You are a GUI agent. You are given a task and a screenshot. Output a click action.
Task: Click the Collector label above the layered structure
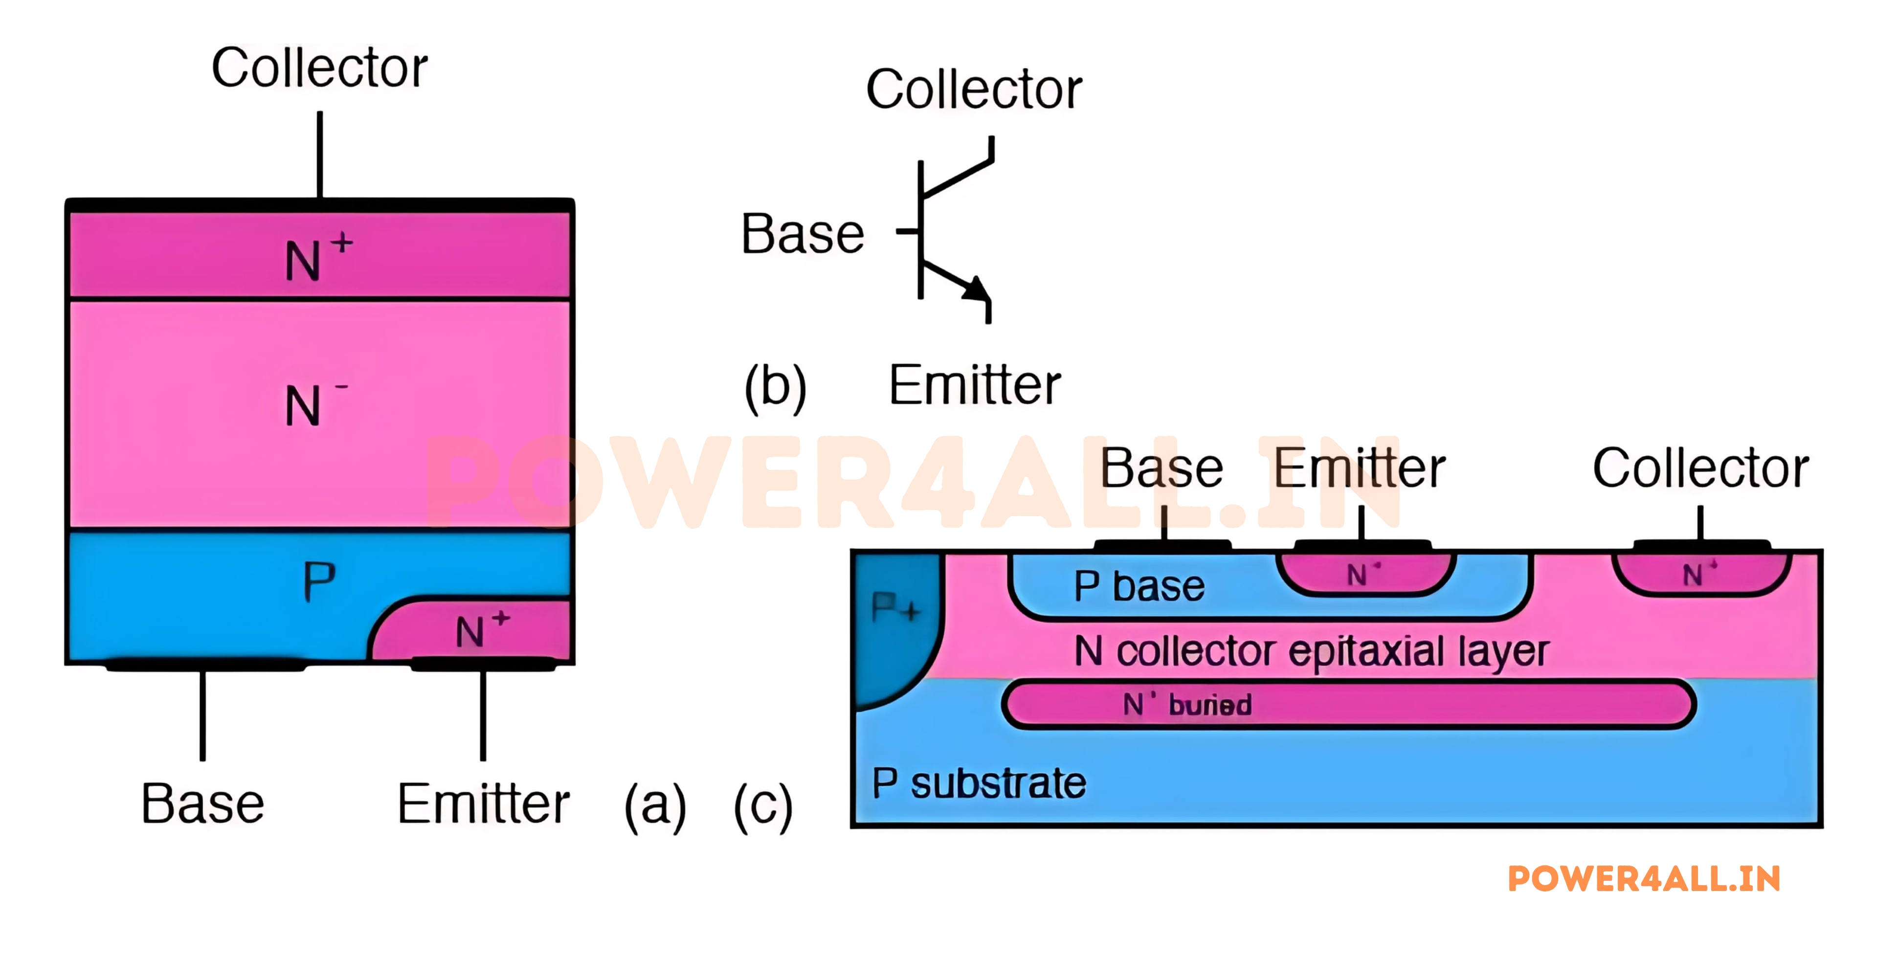(319, 68)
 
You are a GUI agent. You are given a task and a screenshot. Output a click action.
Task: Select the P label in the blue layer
(319, 582)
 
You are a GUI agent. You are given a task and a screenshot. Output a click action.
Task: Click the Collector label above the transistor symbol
(973, 89)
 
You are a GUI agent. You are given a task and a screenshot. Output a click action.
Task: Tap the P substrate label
(979, 783)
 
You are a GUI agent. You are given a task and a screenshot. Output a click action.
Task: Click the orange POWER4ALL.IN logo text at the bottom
(1644, 879)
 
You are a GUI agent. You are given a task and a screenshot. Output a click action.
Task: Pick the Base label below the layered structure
(202, 804)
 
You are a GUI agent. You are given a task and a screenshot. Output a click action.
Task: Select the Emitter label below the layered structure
(483, 804)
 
